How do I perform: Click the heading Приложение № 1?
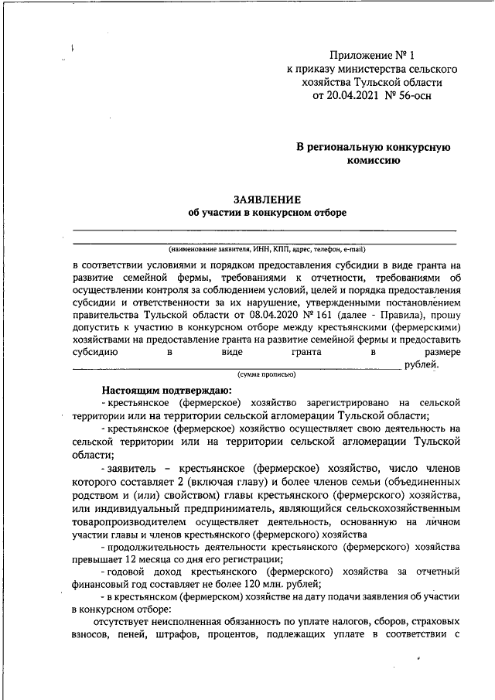pyautogui.click(x=372, y=55)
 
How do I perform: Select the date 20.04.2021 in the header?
pyautogui.click(x=354, y=96)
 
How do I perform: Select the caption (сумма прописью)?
pyautogui.click(x=266, y=374)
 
